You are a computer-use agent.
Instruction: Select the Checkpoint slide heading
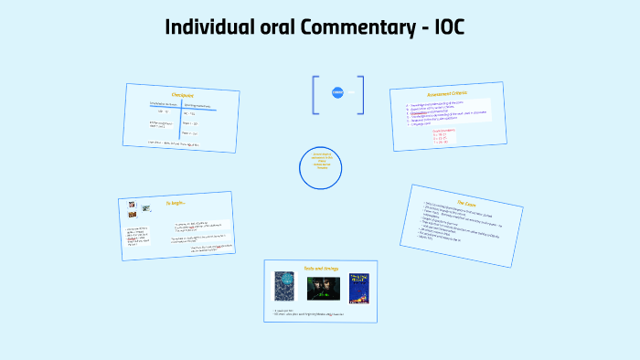(x=183, y=95)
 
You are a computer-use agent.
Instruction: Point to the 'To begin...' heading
(x=176, y=202)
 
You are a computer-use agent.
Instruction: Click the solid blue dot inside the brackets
(x=337, y=92)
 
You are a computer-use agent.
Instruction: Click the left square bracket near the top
(x=315, y=95)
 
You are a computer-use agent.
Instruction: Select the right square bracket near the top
(x=361, y=95)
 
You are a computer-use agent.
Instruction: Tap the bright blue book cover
(x=358, y=289)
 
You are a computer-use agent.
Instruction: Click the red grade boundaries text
(x=457, y=137)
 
